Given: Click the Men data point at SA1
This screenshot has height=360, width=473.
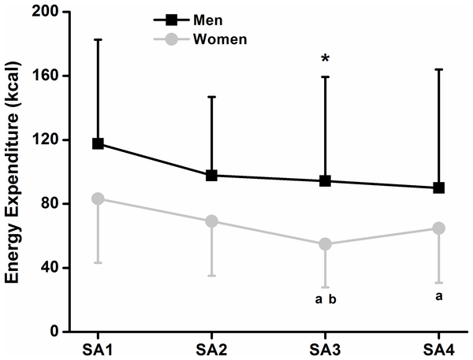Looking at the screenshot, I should pyautogui.click(x=98, y=143).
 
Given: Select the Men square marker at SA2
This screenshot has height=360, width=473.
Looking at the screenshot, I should pyautogui.click(x=211, y=175).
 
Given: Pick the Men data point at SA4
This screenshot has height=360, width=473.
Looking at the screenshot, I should pyautogui.click(x=438, y=187).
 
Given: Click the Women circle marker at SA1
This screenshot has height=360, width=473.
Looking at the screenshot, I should pyautogui.click(x=98, y=199).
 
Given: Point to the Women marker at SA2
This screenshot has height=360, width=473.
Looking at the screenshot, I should pyautogui.click(x=211, y=221).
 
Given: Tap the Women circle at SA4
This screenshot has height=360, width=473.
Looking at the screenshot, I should pyautogui.click(x=438, y=228).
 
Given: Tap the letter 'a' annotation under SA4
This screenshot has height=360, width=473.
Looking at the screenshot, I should pyautogui.click(x=438, y=295).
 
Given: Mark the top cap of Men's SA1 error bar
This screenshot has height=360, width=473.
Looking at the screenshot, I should pyautogui.click(x=98, y=39).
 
